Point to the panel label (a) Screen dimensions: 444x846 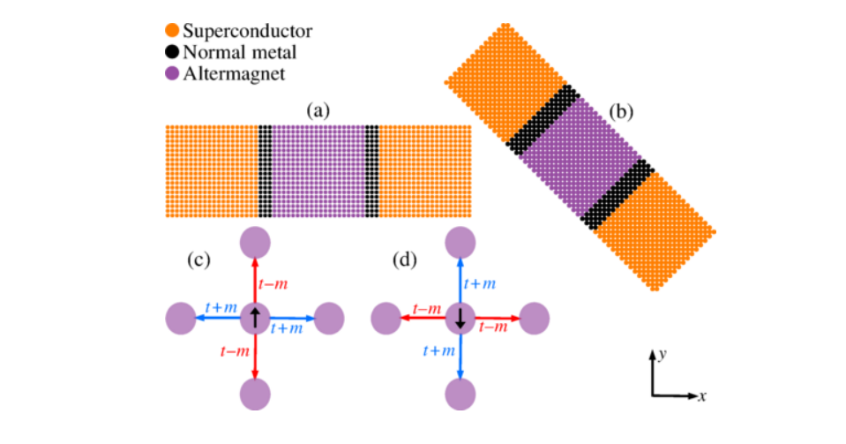pos(318,111)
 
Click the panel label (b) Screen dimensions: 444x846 pos(623,112)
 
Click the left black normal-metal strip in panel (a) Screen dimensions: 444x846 pos(265,171)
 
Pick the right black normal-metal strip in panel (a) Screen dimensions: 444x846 pos(372,171)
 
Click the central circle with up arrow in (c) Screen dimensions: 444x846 pos(255,317)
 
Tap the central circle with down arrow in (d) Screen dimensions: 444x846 pos(460,317)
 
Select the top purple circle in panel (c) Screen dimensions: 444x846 pos(255,241)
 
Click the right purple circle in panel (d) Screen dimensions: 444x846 pos(535,317)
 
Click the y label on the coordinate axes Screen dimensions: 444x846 pos(662,353)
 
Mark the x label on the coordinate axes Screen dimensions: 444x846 pos(702,396)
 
